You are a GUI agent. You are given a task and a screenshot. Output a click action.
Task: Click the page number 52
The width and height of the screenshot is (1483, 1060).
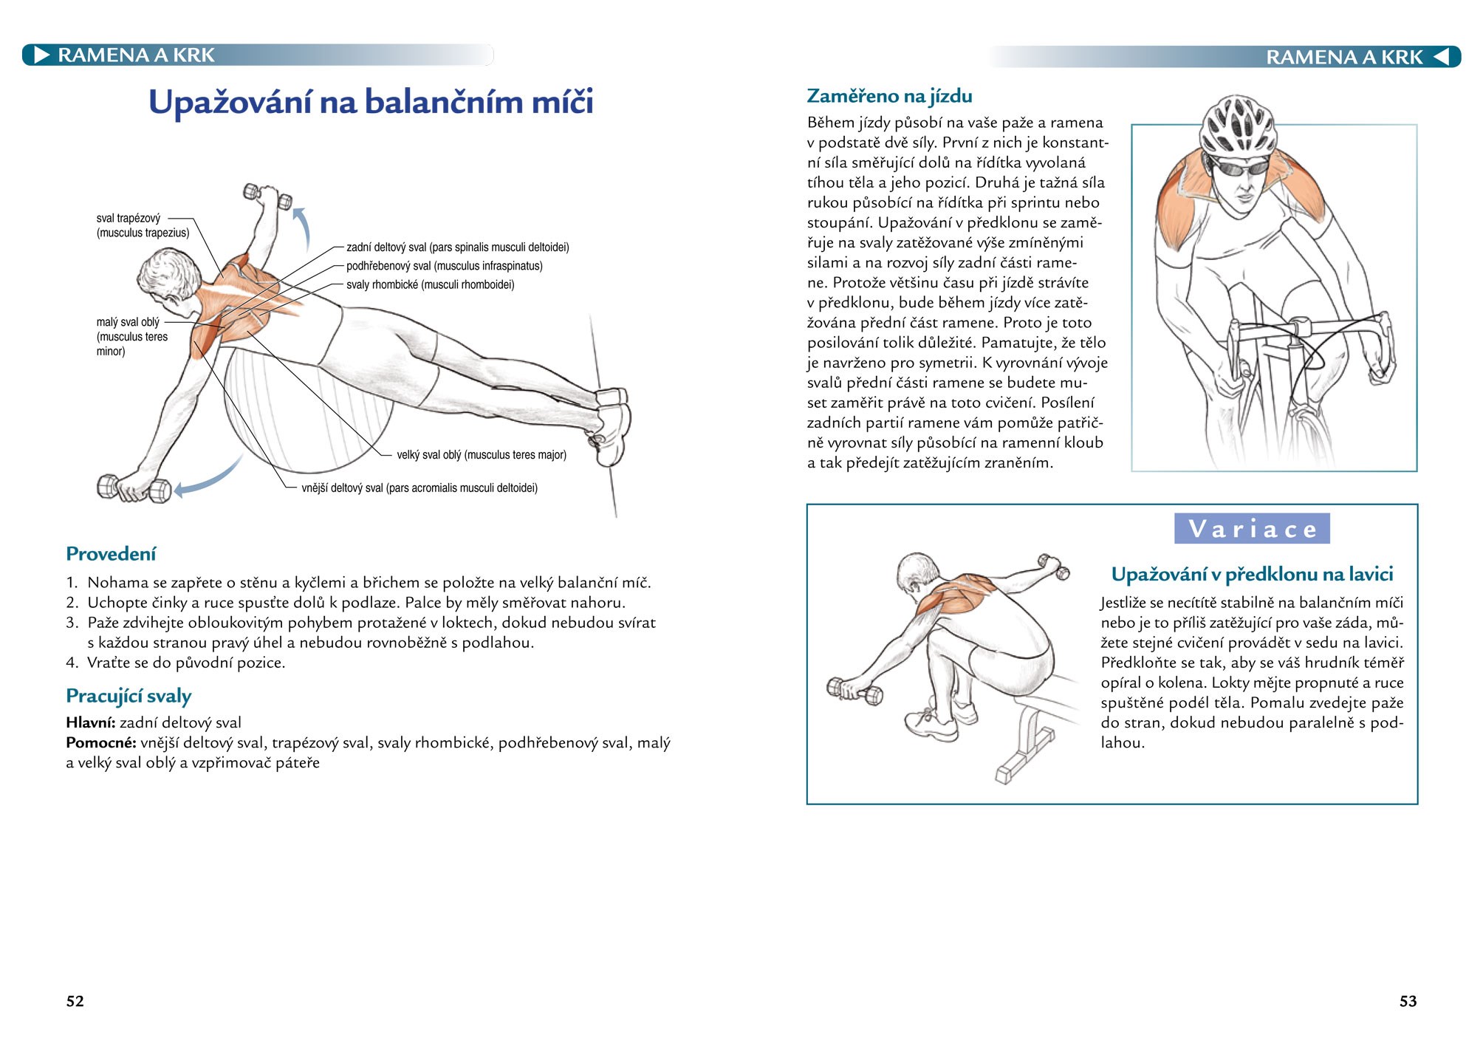point(75,1001)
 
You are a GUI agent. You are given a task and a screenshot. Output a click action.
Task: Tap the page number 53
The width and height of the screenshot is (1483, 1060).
point(1408,1001)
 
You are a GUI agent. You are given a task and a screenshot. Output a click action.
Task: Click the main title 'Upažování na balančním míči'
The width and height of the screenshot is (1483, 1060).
point(371,102)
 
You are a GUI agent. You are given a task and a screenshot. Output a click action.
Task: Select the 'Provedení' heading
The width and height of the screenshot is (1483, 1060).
point(111,554)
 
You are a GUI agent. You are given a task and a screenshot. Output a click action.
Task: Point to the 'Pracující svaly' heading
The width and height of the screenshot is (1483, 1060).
point(129,696)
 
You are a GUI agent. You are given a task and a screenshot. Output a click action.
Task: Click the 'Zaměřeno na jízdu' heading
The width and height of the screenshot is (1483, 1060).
point(889,96)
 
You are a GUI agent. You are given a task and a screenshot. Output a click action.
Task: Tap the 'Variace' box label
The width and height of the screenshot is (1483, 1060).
point(1252,529)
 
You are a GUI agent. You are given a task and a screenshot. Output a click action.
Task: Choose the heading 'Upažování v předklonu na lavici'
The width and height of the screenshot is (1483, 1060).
point(1252,574)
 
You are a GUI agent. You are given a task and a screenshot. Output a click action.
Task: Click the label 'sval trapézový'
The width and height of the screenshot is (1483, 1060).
point(129,219)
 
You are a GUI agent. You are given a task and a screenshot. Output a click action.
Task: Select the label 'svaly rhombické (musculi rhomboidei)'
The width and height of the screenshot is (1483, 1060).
point(430,284)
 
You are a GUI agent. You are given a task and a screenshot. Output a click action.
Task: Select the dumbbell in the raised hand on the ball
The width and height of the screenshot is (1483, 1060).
point(267,196)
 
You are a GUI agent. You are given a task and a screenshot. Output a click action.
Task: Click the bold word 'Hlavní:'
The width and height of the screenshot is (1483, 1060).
point(91,723)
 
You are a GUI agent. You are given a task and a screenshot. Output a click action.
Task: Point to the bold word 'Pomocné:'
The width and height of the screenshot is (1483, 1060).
point(101,743)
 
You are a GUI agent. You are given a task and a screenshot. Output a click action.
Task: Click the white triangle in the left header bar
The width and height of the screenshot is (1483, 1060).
point(42,55)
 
